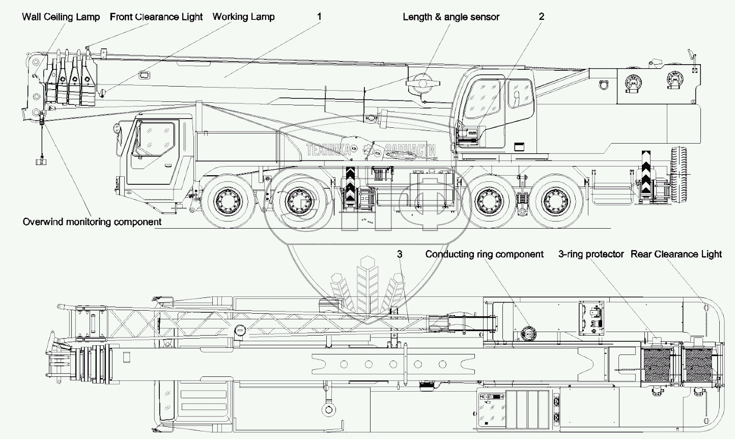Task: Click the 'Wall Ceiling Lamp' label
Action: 61,17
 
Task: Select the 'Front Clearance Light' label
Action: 156,17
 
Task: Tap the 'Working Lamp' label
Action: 243,16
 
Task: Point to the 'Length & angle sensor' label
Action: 451,17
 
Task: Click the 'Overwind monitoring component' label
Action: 92,222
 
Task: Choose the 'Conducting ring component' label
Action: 484,254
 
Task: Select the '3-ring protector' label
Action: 591,254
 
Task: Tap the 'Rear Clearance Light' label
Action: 676,254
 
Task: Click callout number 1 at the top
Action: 319,16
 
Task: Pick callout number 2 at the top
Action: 542,16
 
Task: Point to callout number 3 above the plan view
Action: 400,254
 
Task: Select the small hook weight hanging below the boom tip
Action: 41,161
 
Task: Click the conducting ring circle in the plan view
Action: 528,334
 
